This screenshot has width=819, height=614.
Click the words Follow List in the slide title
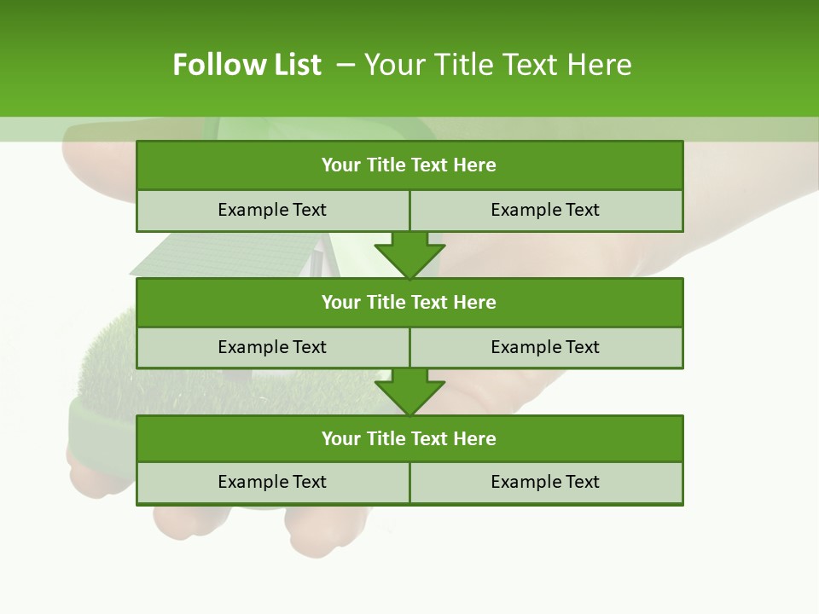[247, 65]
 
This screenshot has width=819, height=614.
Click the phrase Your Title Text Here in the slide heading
[497, 65]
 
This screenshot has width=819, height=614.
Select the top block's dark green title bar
[409, 165]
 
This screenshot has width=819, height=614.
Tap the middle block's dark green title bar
[409, 302]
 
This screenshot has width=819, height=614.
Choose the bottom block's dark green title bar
[409, 438]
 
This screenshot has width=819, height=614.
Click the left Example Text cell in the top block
[272, 210]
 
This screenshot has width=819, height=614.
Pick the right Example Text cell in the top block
[546, 210]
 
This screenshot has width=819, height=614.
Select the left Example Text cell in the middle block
[272, 347]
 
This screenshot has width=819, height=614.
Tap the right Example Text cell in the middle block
[546, 347]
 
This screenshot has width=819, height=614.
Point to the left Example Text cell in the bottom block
[272, 482]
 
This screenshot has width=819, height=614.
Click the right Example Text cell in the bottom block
[546, 482]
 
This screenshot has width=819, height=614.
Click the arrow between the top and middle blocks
[409, 255]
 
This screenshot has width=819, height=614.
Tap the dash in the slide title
[346, 65]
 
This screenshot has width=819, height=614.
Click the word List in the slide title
[293, 65]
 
